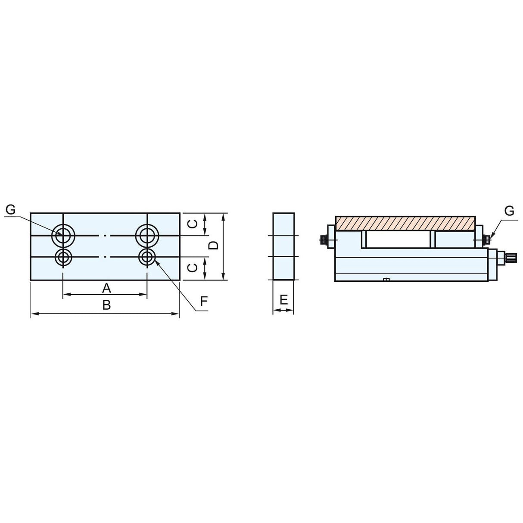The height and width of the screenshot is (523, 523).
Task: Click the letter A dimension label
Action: [106, 287]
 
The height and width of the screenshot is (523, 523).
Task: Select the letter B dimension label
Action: [106, 305]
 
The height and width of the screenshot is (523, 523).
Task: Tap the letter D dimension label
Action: [214, 246]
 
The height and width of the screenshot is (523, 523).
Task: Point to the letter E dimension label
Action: [283, 299]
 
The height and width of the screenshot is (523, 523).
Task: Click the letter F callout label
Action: [204, 300]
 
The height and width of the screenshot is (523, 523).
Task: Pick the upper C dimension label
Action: [194, 224]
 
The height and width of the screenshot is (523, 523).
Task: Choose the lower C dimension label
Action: [194, 268]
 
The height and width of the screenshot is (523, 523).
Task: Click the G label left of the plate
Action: [11, 210]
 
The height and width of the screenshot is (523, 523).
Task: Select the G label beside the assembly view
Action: [509, 211]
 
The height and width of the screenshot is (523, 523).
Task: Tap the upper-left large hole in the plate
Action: [63, 235]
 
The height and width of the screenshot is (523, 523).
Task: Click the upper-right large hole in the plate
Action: [147, 235]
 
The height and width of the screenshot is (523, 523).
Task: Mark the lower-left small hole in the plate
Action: [63, 258]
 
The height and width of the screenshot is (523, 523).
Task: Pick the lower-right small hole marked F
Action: [147, 258]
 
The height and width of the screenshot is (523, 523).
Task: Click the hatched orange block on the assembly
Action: [405, 223]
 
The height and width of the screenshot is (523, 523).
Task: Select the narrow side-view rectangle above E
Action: [283, 246]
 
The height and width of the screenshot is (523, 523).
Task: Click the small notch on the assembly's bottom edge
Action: [386, 280]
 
